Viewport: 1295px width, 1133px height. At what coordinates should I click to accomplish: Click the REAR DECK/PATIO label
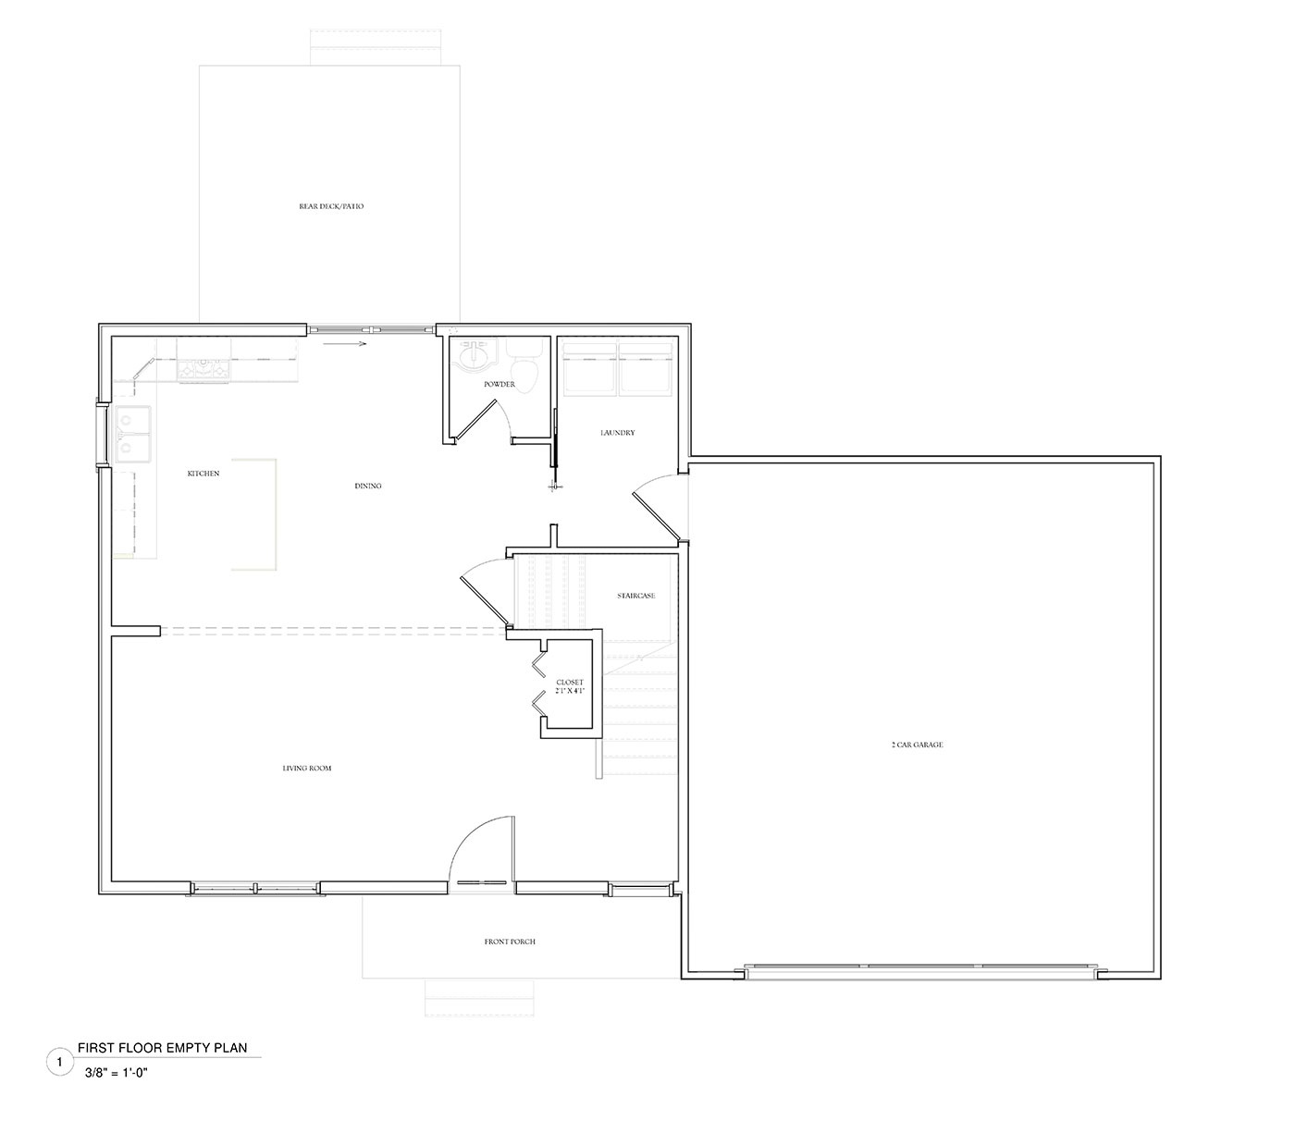(331, 206)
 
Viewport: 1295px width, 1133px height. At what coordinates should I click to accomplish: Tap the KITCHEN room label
(203, 474)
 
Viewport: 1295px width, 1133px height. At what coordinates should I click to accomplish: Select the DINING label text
(368, 486)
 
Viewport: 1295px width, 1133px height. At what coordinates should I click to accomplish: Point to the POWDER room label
(499, 384)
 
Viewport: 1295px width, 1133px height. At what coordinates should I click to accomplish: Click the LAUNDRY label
(617, 433)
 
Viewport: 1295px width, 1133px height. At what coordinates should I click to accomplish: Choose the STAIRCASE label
(635, 596)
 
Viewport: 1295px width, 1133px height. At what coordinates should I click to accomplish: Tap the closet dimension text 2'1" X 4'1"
(570, 691)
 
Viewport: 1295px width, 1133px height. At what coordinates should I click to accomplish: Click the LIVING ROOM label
(307, 769)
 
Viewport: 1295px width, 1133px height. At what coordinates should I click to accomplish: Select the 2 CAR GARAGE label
(917, 745)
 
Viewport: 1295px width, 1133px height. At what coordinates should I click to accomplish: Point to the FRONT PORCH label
(510, 942)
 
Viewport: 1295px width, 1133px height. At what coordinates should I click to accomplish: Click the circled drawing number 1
(59, 1063)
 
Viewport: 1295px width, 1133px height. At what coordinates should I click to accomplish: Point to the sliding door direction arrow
(345, 344)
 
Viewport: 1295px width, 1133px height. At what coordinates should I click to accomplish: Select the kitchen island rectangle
(254, 514)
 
